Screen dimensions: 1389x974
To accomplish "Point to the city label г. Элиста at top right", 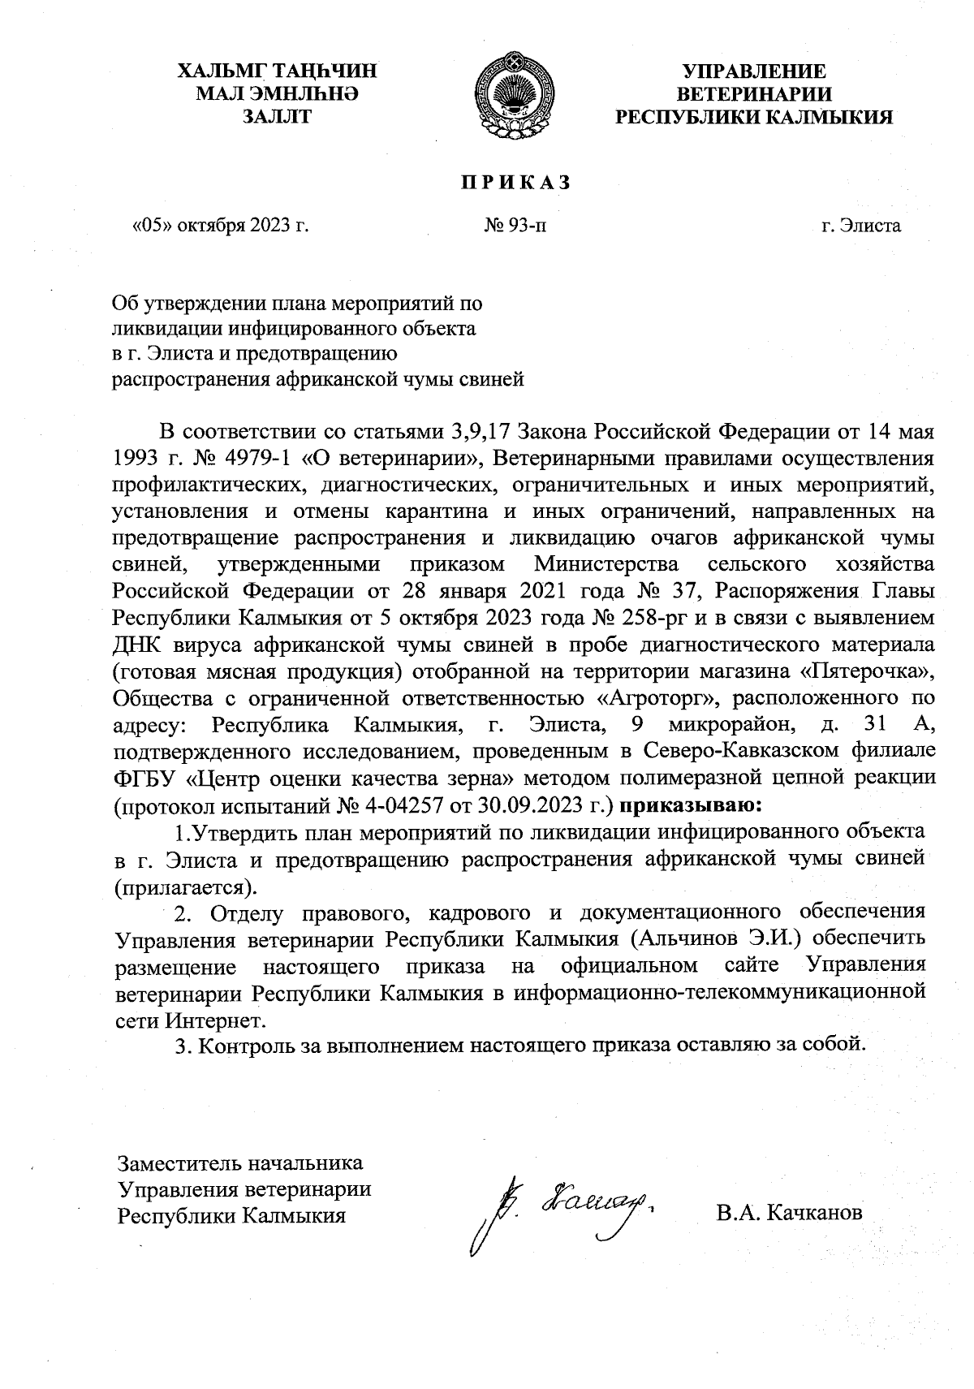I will tap(860, 225).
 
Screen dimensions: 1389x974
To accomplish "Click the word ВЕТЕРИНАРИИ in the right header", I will tap(754, 94).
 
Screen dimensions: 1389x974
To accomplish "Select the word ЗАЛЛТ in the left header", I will tap(278, 117).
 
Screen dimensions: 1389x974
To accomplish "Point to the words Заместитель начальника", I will tap(240, 1163).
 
